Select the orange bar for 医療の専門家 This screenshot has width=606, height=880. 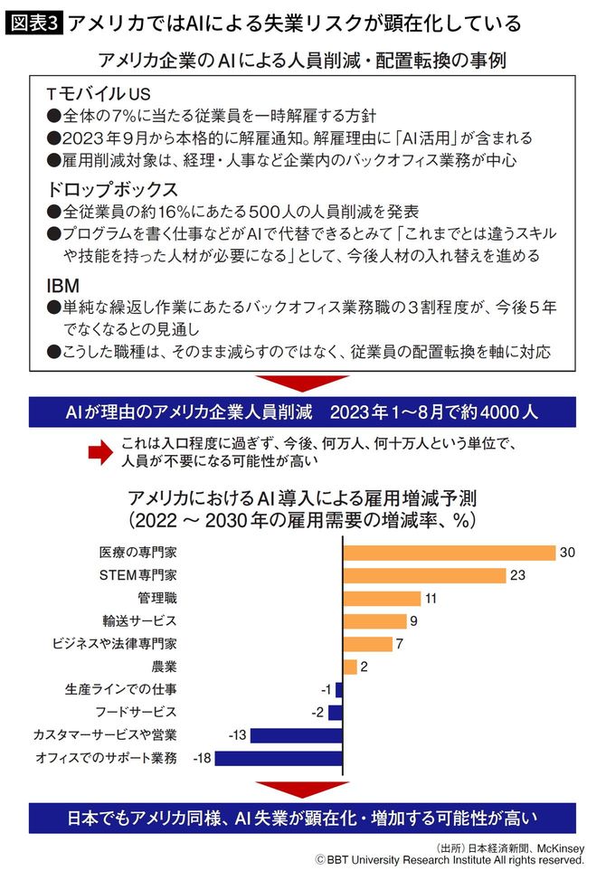(449, 553)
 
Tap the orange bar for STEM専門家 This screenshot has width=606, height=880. (423, 575)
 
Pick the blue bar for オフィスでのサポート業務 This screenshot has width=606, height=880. (279, 757)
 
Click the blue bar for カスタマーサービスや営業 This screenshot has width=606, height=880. (296, 734)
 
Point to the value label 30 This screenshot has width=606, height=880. (568, 553)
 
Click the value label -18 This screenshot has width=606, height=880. (201, 757)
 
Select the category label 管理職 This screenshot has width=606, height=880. (156, 598)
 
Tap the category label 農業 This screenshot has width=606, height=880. (164, 667)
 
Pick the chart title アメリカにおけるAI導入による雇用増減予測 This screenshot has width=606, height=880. (302, 498)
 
